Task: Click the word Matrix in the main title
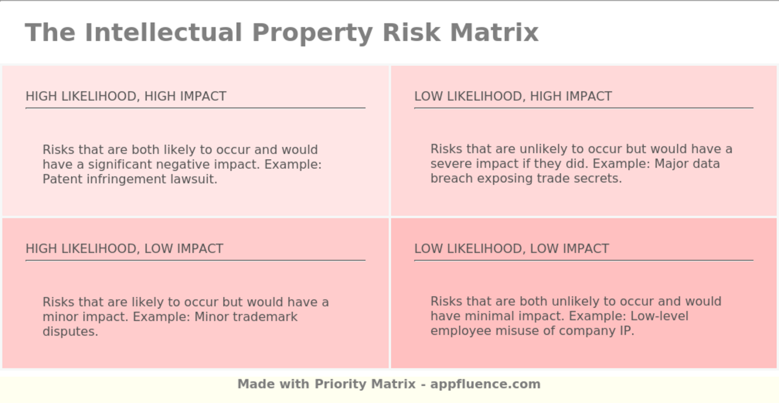[494, 32]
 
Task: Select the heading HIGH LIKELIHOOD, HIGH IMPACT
[126, 96]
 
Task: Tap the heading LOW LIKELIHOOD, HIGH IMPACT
[513, 96]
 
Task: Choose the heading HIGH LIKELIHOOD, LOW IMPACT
[125, 249]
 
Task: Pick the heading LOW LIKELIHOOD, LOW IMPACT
[511, 249]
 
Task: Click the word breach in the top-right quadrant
[451, 178]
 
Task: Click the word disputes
[70, 332]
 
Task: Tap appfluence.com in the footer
[485, 384]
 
